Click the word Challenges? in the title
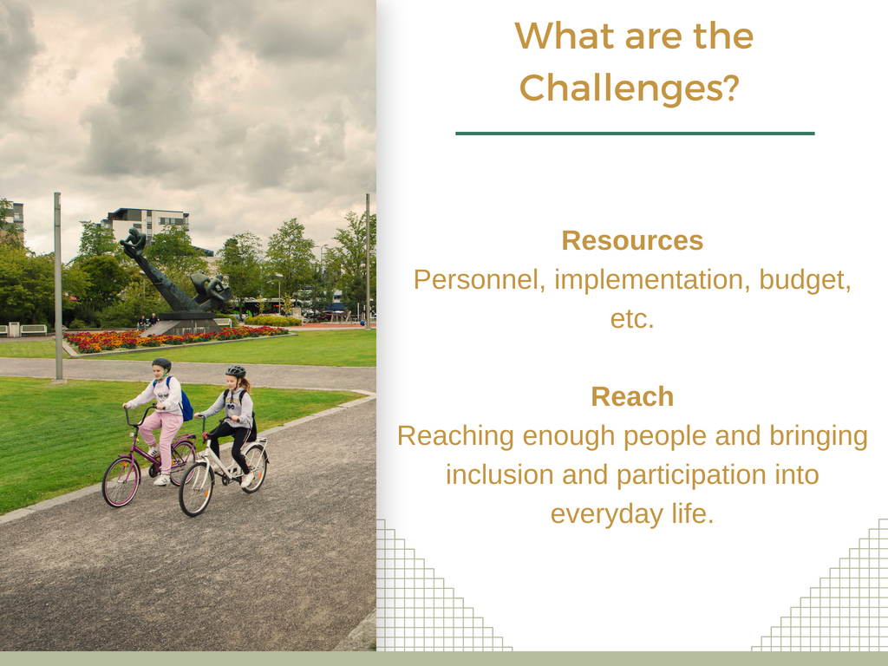coord(630,88)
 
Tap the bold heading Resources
coord(632,241)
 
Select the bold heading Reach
coord(632,396)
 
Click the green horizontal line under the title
coord(635,134)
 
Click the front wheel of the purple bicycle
coord(121,481)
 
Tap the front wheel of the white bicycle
coord(196,489)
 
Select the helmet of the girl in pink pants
coord(161,363)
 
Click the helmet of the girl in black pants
coord(236,371)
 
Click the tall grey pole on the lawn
coord(58,288)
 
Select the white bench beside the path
coord(34,330)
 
